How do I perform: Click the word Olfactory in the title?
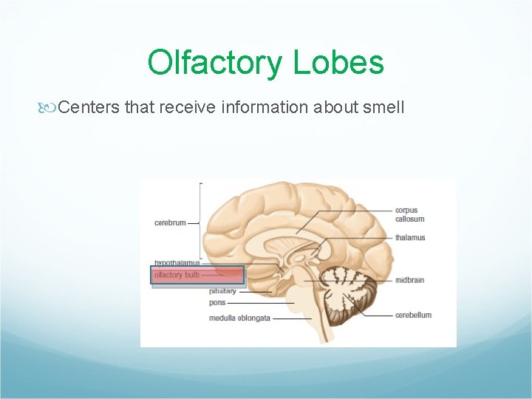[x=215, y=63]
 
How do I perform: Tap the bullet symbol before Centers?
[x=50, y=108]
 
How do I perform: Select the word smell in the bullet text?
[x=383, y=107]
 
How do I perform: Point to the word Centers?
[x=89, y=107]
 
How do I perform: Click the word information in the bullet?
[x=263, y=107]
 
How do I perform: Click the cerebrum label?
[x=170, y=222]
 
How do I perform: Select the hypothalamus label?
[x=177, y=263]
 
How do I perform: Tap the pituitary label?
[x=222, y=291]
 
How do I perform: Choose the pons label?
[x=217, y=303]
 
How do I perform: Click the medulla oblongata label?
[x=239, y=318]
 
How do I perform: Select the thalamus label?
[x=410, y=238]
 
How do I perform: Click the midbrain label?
[x=409, y=281]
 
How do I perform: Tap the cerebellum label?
[x=413, y=315]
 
